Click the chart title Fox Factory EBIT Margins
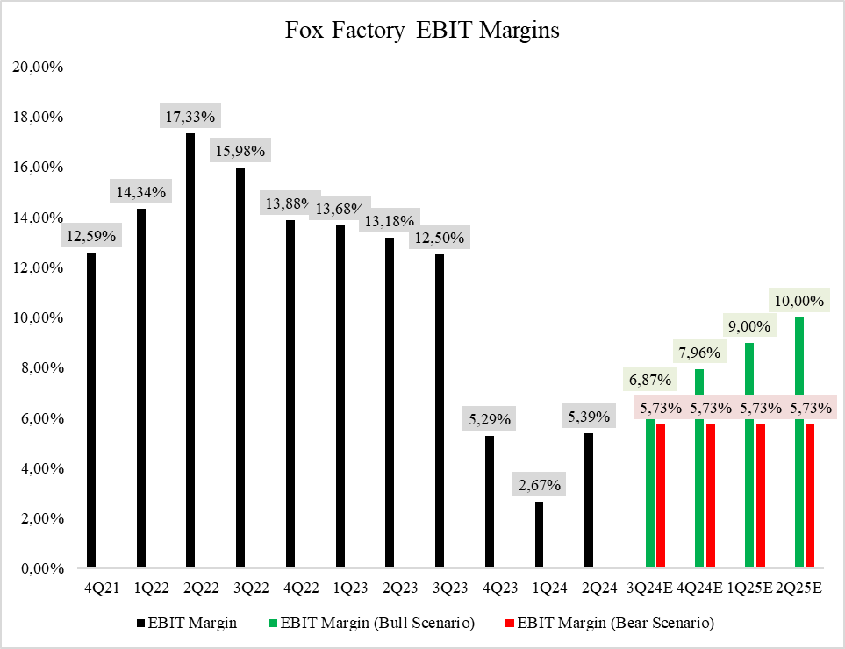(422, 30)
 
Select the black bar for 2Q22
(190, 351)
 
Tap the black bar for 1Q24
(539, 535)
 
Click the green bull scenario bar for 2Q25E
(799, 443)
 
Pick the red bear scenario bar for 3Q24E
(661, 496)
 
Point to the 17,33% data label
(190, 116)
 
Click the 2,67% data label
(539, 484)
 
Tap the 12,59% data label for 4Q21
(90, 235)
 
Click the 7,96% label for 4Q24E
(699, 353)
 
